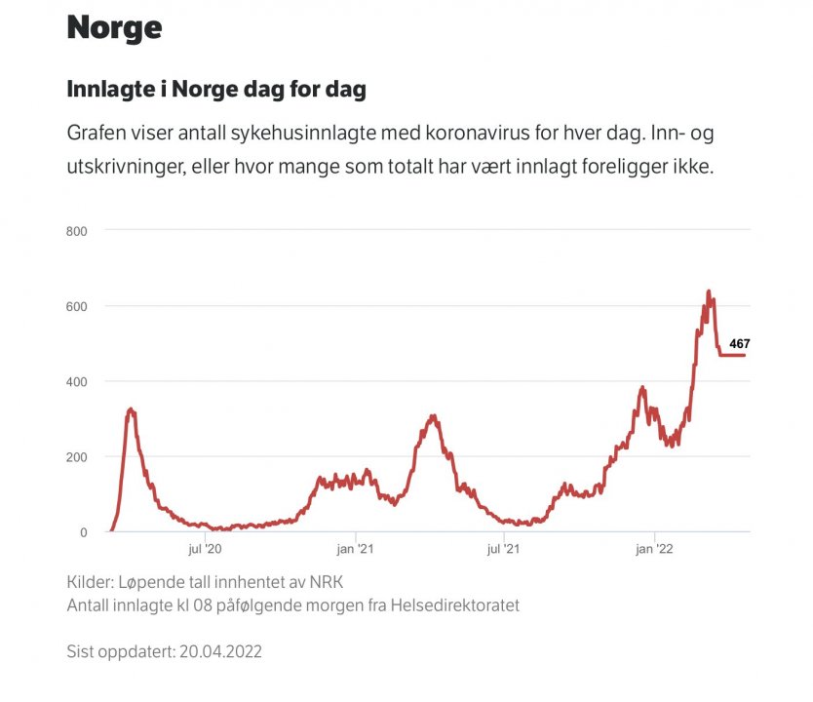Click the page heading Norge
point(114,27)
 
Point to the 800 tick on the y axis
point(77,231)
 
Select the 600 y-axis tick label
point(77,306)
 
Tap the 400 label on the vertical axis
point(77,381)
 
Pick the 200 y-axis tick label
point(77,456)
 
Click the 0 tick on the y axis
point(83,532)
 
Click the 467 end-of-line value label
point(740,343)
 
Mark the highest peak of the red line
point(709,292)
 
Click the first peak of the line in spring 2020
point(131,409)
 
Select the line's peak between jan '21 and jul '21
point(433,416)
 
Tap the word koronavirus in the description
point(502,133)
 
